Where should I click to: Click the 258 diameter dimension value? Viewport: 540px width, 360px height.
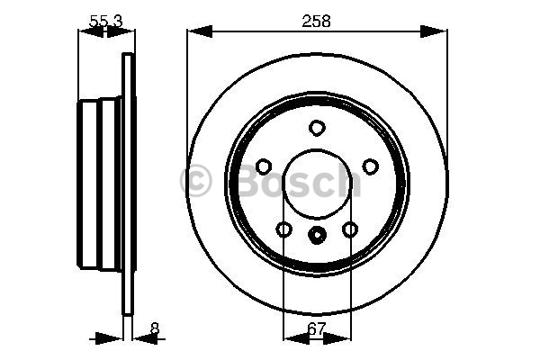316,21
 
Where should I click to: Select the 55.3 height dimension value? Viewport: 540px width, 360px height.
105,22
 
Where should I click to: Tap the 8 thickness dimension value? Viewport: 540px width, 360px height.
155,328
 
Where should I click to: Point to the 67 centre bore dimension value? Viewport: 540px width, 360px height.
316,329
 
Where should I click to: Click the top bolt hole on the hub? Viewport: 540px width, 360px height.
317,128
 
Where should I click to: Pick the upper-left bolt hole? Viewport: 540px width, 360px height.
264,166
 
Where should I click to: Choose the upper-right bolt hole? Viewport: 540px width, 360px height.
370,166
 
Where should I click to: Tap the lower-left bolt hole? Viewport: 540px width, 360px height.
284,229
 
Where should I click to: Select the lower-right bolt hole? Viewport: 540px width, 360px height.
350,229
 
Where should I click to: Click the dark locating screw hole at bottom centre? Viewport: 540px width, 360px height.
317,235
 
